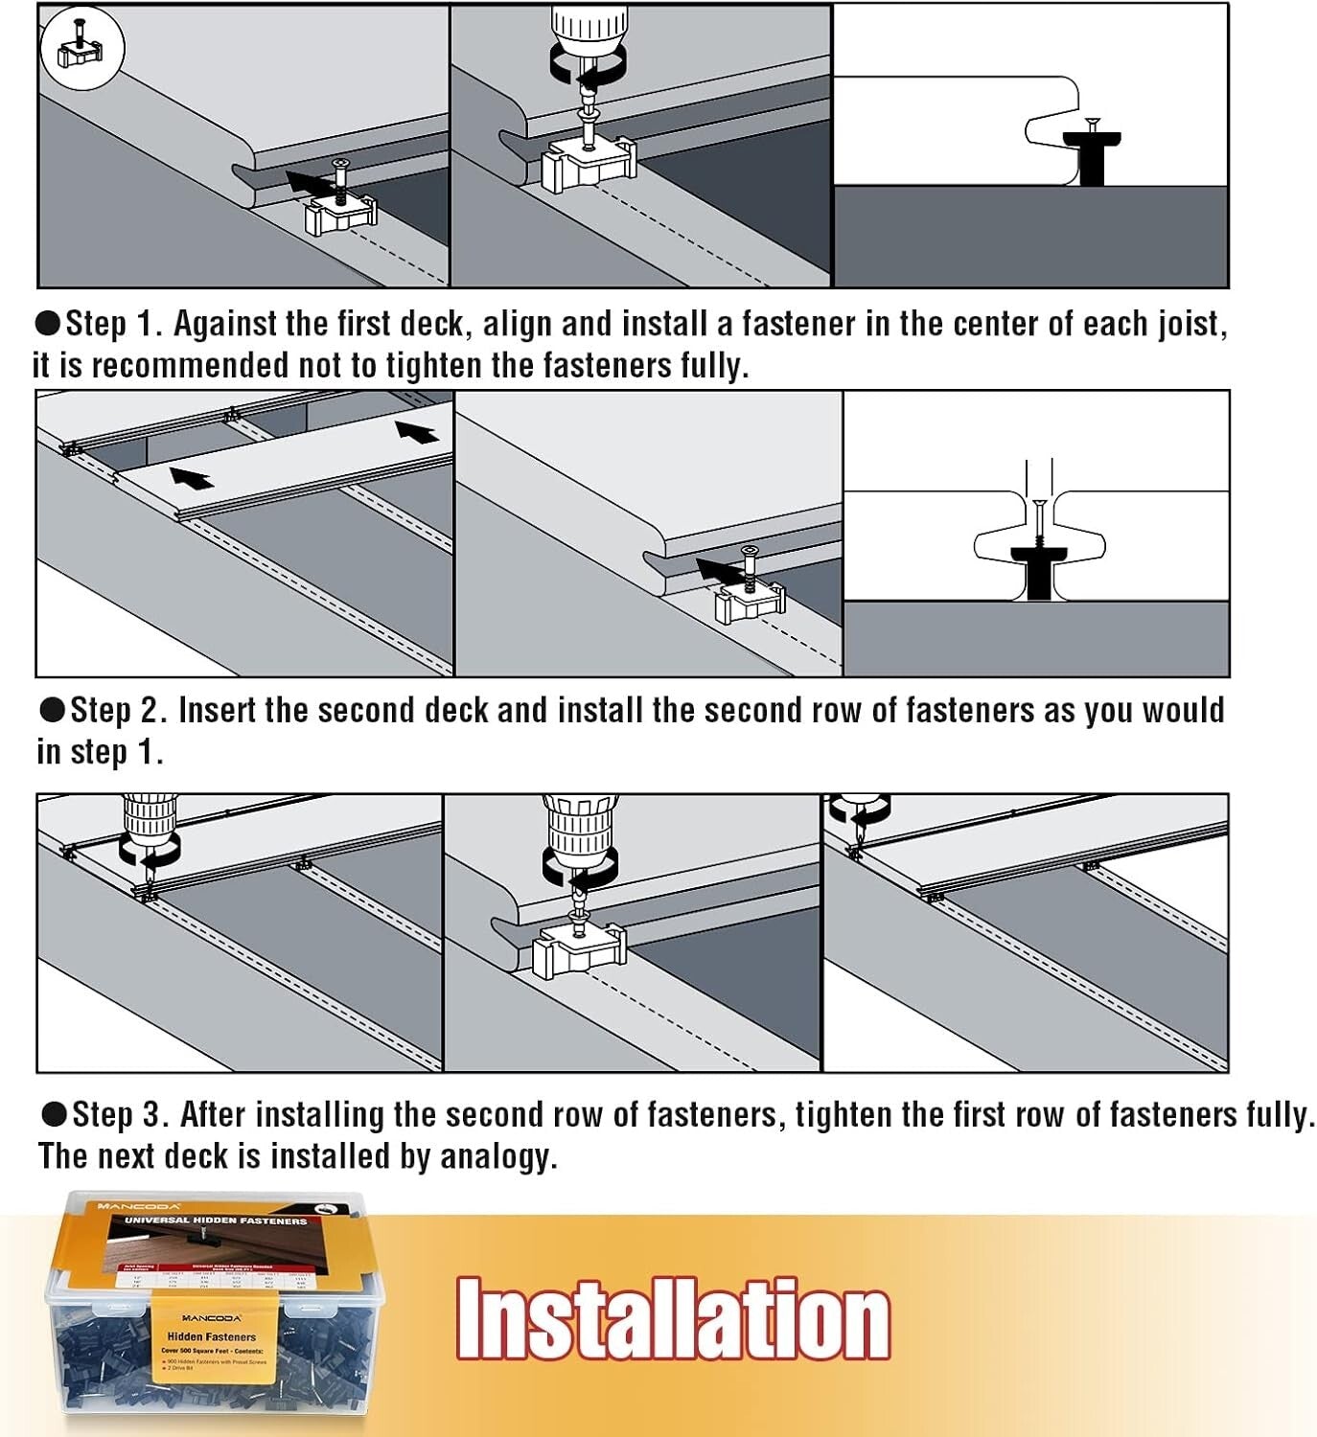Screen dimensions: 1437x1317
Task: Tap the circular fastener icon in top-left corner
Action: [x=82, y=48]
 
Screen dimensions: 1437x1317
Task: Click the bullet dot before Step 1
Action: [x=47, y=324]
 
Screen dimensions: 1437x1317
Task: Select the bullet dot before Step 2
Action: [x=52, y=710]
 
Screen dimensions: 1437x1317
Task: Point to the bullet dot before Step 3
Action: [x=54, y=1114]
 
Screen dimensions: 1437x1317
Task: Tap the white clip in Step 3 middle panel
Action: [x=579, y=948]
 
